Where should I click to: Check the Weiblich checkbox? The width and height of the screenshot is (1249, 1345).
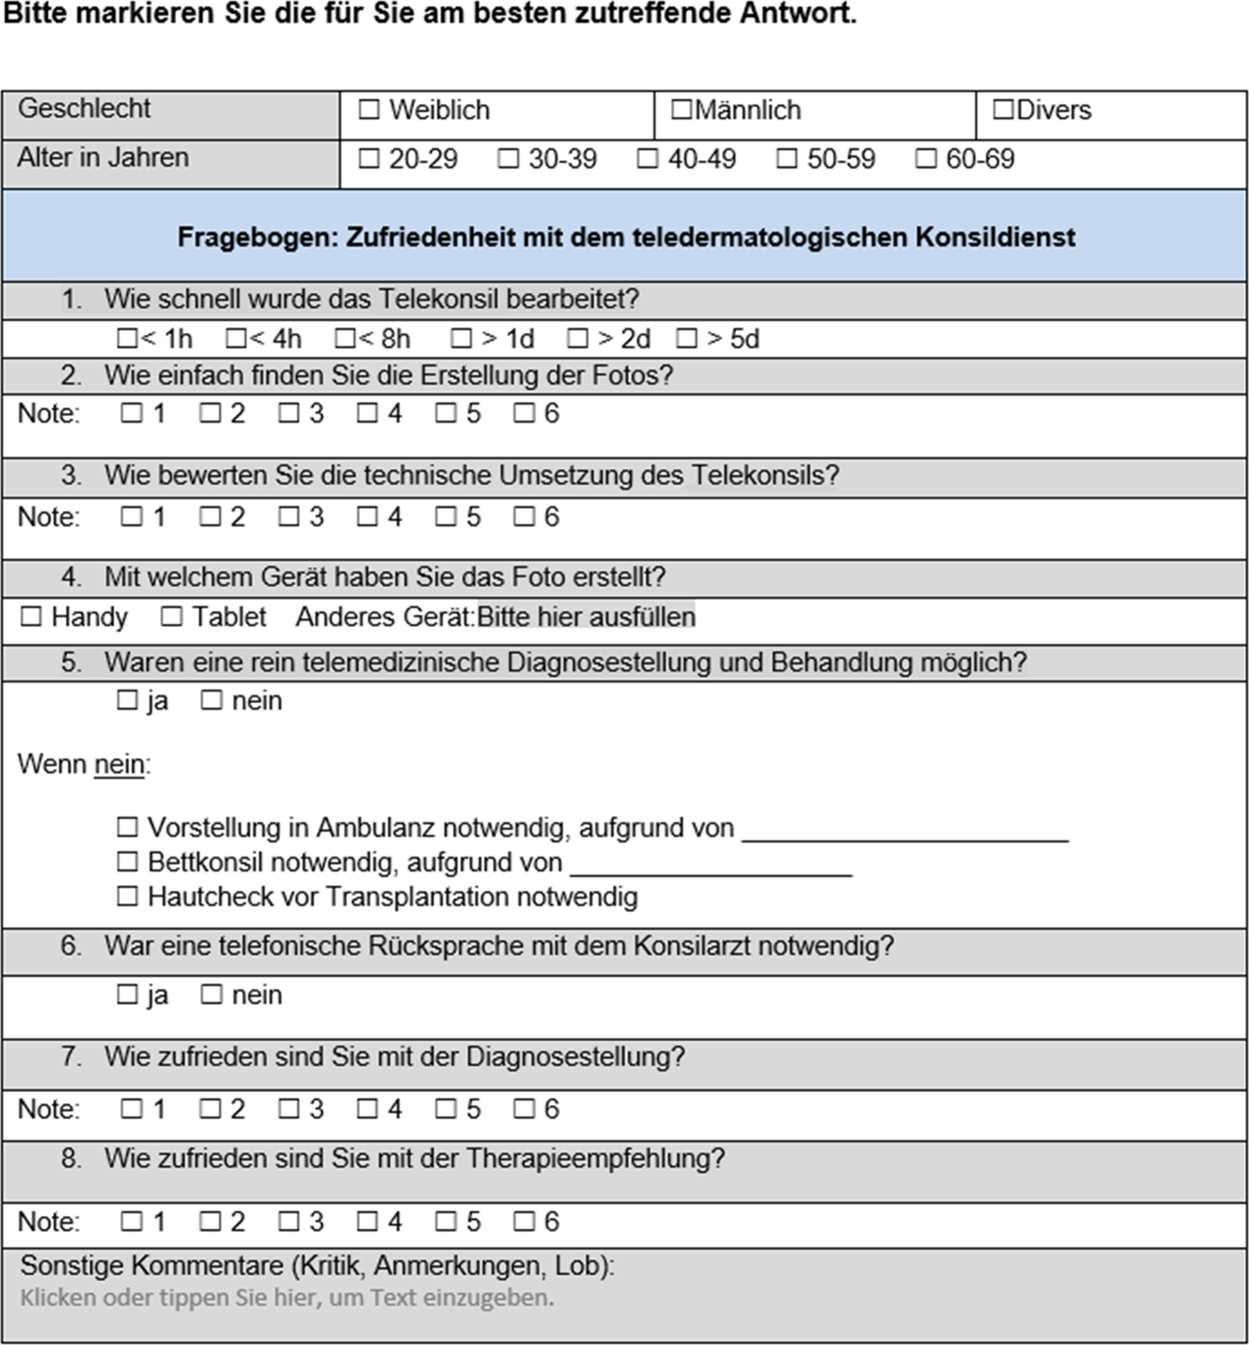click(x=369, y=110)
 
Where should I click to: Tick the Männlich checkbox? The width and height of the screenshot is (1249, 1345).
click(x=682, y=110)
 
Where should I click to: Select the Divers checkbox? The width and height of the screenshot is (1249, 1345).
click(x=1002, y=110)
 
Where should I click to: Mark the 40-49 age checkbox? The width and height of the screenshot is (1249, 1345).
click(x=647, y=159)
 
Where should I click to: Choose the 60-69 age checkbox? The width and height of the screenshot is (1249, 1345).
click(x=925, y=159)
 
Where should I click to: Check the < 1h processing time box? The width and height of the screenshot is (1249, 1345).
click(x=127, y=339)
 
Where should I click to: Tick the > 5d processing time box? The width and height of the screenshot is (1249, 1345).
click(x=687, y=339)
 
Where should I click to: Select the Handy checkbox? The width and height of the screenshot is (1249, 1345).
click(x=32, y=616)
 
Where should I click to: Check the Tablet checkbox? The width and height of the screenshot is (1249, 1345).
click(x=172, y=616)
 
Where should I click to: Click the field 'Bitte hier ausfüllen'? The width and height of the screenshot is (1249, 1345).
click(x=586, y=617)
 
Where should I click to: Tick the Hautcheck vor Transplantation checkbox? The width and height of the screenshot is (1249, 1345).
click(x=127, y=896)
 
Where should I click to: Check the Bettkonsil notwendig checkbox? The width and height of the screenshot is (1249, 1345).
click(x=127, y=862)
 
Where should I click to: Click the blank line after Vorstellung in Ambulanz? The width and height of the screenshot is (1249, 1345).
click(x=905, y=831)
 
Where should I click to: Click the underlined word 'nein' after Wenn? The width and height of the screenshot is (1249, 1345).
click(x=120, y=766)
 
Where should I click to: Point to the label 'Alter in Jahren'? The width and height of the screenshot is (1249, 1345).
click(x=103, y=159)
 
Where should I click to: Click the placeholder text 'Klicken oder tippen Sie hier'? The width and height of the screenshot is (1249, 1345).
click(x=287, y=1298)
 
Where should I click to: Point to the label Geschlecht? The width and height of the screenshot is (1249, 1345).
click(x=84, y=108)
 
